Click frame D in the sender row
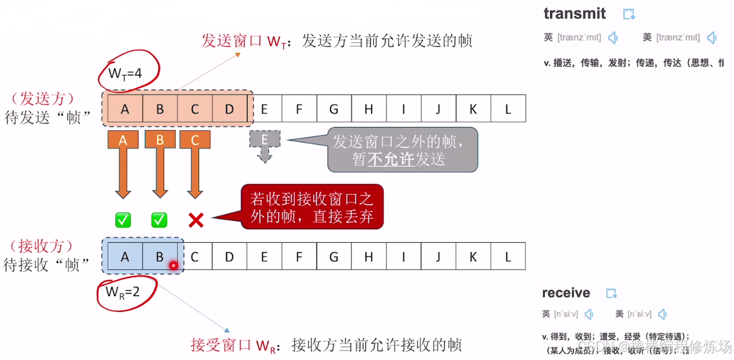pos(229,109)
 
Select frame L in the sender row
pos(508,109)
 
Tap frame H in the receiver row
pos(369,256)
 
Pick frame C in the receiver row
pos(195,256)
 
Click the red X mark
pos(196,220)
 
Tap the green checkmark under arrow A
pos(124,220)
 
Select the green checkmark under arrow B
pos(159,220)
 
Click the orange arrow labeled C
pos(195,162)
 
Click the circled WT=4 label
pos(126,73)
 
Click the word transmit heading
pos(574,14)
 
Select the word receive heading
pos(566,292)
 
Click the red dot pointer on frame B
pos(173,266)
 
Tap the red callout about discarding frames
pos(312,207)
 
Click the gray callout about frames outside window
pos(402,150)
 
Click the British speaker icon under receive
pos(589,314)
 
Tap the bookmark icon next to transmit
pos(629,14)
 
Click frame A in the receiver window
pos(125,256)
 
